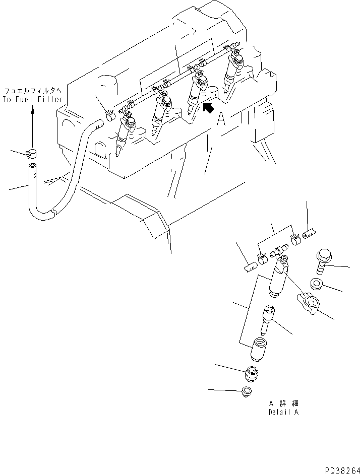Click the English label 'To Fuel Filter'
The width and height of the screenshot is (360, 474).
click(x=33, y=99)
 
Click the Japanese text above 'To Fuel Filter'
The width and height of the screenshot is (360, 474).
click(x=33, y=91)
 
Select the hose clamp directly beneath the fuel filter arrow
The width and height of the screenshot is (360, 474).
click(x=32, y=152)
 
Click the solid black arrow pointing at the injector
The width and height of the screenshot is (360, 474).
click(x=207, y=107)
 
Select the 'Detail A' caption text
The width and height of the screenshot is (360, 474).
click(x=283, y=412)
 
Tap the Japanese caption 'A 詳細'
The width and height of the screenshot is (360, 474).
click(x=283, y=404)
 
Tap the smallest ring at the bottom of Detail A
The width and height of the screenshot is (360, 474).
click(x=248, y=391)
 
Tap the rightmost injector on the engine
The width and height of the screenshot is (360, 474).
click(x=235, y=71)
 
